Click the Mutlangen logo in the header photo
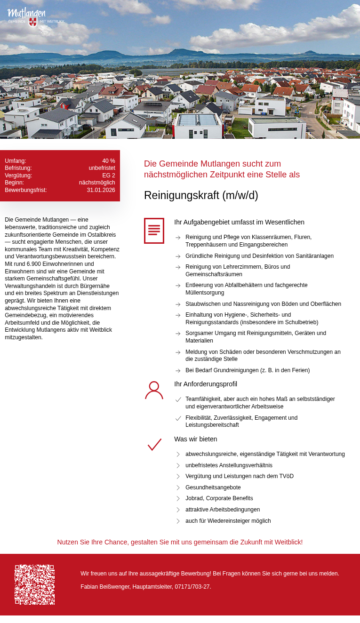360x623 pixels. coord(33,16)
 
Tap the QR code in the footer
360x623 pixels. coord(34,584)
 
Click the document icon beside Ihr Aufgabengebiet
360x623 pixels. coord(154,231)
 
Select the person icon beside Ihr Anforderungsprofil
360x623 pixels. coord(154,390)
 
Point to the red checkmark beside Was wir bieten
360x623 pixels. coord(154,445)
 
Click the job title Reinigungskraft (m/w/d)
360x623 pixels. coord(201,195)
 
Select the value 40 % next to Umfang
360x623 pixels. coord(108,161)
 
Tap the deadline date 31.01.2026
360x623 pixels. coord(101,190)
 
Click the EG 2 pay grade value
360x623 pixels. coord(108,176)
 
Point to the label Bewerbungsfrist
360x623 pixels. coord(26,190)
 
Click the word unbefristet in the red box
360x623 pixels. coord(102,168)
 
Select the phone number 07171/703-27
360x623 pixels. coord(192,587)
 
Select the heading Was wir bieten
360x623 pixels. coord(195,439)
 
